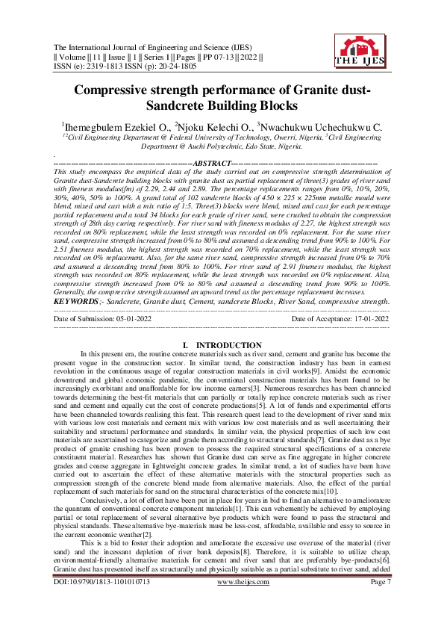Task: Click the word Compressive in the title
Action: [x=117, y=91]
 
